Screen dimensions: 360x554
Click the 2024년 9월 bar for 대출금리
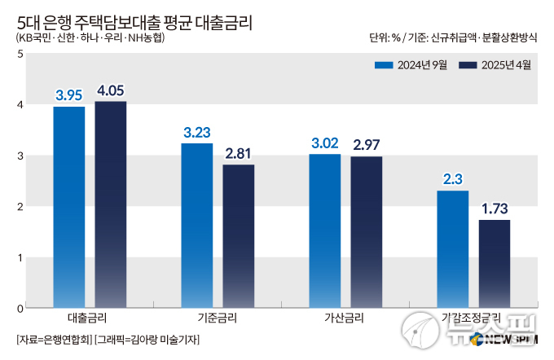(x=69, y=207)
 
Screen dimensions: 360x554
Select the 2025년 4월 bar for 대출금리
(x=111, y=204)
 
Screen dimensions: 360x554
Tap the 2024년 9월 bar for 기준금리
(x=196, y=226)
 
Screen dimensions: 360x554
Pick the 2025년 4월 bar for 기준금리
(x=239, y=236)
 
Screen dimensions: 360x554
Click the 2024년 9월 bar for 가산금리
(x=325, y=230)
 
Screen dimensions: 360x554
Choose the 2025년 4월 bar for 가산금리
(x=367, y=232)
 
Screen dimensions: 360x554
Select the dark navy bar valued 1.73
(x=495, y=264)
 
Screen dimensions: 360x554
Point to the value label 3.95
(x=69, y=96)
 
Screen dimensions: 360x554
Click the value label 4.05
(x=111, y=90)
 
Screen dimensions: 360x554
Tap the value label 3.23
(x=196, y=133)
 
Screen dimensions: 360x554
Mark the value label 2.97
(x=367, y=145)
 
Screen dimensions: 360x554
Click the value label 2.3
(x=453, y=179)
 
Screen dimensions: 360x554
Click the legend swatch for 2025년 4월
(x=468, y=65)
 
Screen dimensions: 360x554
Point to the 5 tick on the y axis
(x=20, y=54)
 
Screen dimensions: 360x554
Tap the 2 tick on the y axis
(x=20, y=207)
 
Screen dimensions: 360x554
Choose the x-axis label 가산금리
(x=345, y=318)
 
